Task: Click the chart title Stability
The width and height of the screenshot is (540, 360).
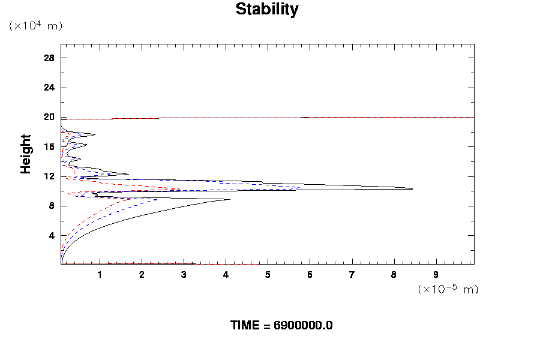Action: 266,10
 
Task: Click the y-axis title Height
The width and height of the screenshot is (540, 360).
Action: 26,161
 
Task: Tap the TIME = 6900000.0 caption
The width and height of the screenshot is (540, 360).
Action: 281,325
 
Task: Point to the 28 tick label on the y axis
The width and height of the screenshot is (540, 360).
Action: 50,58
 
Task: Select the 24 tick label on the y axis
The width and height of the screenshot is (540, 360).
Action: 50,88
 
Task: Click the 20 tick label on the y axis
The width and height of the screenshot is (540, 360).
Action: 50,117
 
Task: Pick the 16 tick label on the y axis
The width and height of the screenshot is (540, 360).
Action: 50,147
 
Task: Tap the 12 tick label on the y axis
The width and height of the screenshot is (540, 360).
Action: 50,176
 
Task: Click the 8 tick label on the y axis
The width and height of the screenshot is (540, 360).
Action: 52,206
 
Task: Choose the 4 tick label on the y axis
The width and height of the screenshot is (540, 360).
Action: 52,235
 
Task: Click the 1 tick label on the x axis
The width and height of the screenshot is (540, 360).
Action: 100,275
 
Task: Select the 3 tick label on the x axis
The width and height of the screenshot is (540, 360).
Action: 184,275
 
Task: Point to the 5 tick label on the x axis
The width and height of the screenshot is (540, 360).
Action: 268,275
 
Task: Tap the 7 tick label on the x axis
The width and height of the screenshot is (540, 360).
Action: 352,275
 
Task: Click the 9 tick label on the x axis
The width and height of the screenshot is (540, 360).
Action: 436,275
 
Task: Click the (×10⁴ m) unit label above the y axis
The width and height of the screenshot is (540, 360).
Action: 35,26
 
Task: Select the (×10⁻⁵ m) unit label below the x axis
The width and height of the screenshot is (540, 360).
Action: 448,289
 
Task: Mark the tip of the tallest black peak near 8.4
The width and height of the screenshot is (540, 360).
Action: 413,189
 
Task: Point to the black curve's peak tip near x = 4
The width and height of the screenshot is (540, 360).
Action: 230,199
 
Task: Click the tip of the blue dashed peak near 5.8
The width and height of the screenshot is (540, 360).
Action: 299,187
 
